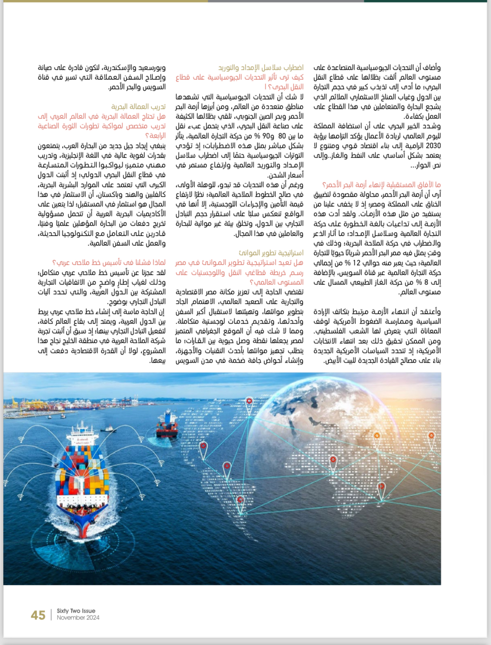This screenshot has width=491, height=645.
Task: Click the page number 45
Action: (x=38, y=615)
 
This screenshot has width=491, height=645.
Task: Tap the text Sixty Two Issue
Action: (x=76, y=611)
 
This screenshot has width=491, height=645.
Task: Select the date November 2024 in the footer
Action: (x=78, y=618)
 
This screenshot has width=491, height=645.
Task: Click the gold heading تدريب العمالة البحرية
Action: (x=138, y=107)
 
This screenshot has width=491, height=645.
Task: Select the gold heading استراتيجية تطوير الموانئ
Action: (x=271, y=253)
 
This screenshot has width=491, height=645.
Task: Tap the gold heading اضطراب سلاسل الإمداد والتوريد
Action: (x=261, y=68)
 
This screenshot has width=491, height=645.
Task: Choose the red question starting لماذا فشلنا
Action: (x=109, y=263)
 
